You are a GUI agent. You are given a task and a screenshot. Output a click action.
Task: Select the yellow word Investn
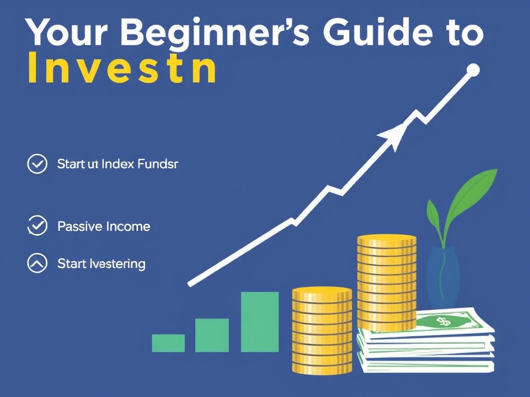[x=121, y=70]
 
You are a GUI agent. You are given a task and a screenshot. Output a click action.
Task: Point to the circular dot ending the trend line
[x=473, y=70]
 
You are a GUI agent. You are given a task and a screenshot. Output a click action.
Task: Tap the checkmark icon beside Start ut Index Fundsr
[x=37, y=164]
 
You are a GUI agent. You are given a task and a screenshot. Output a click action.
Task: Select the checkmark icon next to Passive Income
[x=37, y=226]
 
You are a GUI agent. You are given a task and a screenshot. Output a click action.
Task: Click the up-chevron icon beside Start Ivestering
[x=37, y=264]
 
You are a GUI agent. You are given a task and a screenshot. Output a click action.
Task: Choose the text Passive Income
[x=104, y=226]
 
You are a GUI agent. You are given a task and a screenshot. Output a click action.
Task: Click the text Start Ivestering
[x=101, y=264]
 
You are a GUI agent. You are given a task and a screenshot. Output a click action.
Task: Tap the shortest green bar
[x=168, y=343]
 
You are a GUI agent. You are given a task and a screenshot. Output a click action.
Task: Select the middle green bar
[x=212, y=335]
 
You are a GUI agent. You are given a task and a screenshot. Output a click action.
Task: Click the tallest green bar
[x=260, y=322]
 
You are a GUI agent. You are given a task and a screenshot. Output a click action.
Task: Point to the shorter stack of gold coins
[x=322, y=331]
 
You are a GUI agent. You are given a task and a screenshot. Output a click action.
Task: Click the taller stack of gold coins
[x=387, y=282]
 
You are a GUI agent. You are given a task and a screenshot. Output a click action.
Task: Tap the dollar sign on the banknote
[x=443, y=322]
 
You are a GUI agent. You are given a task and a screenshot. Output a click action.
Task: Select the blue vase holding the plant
[x=443, y=277]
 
